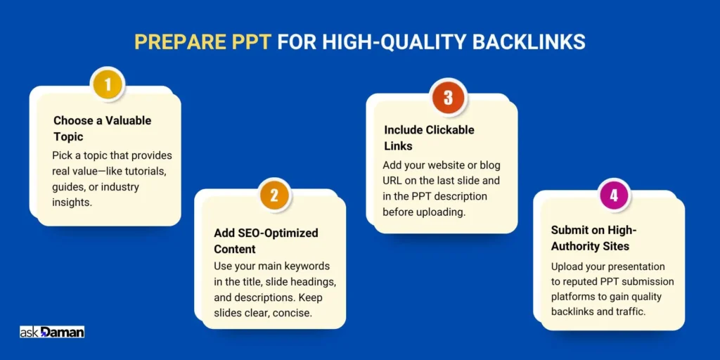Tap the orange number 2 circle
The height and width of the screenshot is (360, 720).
coord(274,196)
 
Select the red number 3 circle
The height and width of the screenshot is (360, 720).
coord(448,96)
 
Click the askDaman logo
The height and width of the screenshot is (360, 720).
coord(52,332)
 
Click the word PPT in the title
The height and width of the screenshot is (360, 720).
coord(248,42)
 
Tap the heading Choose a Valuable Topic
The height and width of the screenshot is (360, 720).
coord(102,128)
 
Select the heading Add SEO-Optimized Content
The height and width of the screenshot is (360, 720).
coord(266,240)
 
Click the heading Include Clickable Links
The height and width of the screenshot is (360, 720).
coord(429,138)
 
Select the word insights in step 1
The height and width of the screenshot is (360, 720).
coord(72,202)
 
